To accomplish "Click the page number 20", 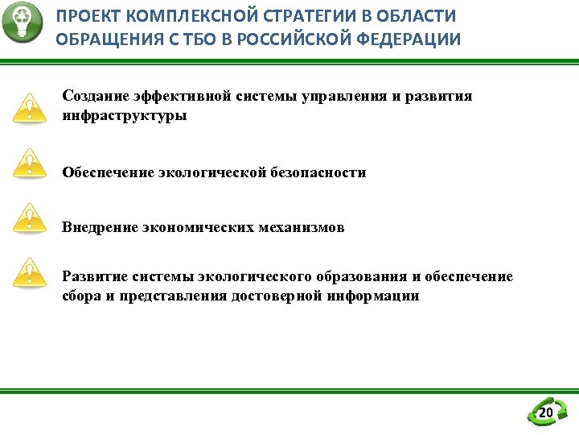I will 546,413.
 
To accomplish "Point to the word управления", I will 344,96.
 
